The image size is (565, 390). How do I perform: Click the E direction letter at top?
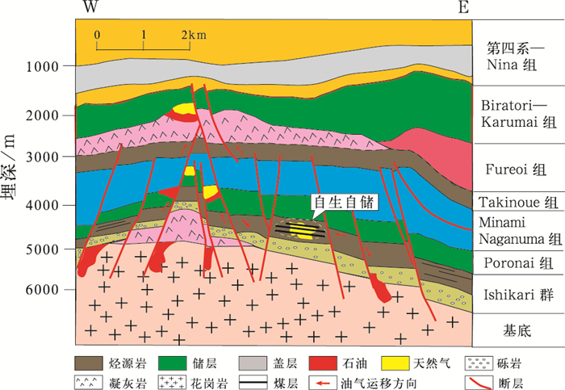pyautogui.click(x=462, y=8)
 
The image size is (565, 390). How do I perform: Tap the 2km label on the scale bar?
pyautogui.click(x=193, y=36)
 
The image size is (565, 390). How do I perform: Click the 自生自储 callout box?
pyautogui.click(x=343, y=203)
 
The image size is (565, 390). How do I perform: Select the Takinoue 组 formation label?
pyautogui.click(x=517, y=203)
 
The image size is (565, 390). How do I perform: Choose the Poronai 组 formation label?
pyautogui.click(x=517, y=263)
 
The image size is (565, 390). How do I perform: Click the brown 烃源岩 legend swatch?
pyautogui.click(x=91, y=363)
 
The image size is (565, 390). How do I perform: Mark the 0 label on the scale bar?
pyautogui.click(x=97, y=36)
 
